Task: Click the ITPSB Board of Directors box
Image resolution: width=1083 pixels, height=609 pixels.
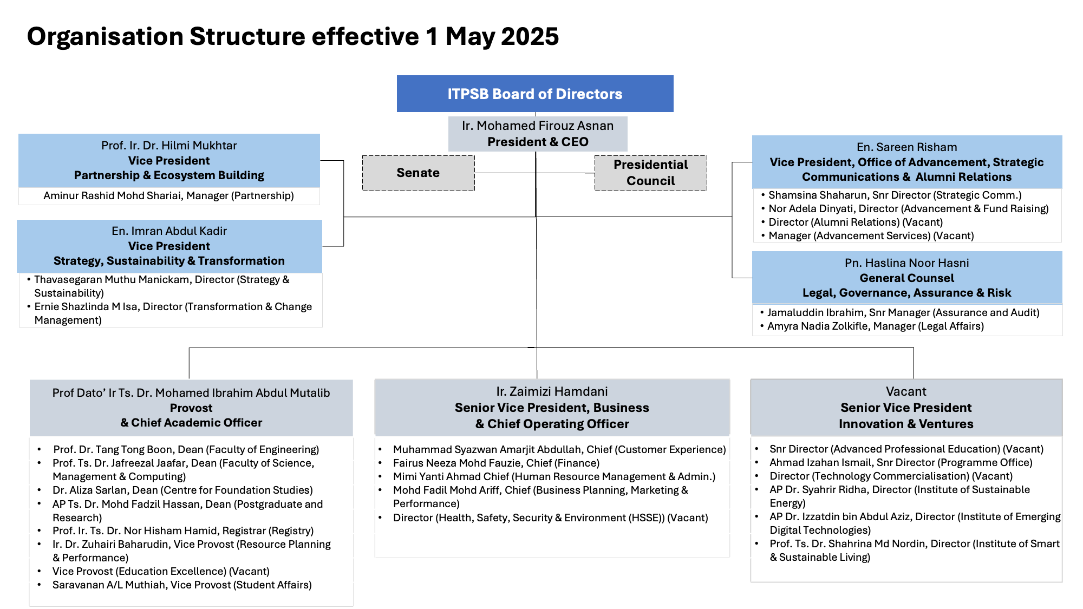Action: tap(535, 94)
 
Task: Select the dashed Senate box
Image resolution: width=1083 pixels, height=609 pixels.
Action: tap(419, 173)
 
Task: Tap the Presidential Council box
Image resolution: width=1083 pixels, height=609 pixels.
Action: tap(651, 173)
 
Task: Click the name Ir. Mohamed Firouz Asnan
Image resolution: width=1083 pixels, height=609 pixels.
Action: tap(538, 126)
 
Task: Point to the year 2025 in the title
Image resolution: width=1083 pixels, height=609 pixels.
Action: tap(530, 37)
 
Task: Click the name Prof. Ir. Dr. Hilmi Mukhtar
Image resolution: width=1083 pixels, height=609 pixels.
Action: tap(169, 146)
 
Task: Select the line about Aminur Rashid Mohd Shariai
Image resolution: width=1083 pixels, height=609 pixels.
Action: tap(169, 195)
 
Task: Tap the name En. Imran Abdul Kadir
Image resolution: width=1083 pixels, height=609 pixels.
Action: tap(169, 231)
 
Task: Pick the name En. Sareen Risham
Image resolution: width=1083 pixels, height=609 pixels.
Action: tap(907, 147)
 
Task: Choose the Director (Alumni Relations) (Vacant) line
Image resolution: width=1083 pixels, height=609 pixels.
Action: tap(856, 222)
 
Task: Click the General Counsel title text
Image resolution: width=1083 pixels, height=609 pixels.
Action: tap(907, 278)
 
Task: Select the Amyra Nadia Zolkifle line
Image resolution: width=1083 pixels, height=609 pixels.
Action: tap(872, 326)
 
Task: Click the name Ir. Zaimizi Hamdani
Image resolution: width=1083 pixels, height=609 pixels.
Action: tap(552, 391)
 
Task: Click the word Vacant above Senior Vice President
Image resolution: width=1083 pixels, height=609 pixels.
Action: tap(906, 391)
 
